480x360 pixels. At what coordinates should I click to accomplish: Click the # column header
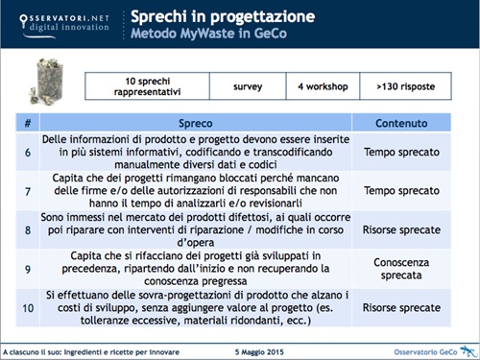click(26, 125)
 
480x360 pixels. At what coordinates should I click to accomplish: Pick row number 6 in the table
click(26, 153)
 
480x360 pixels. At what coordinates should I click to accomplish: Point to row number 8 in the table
click(26, 230)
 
